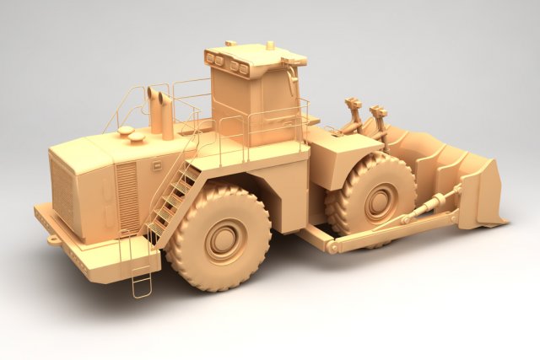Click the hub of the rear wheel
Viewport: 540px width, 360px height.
224,239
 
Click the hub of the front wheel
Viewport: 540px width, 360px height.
379,201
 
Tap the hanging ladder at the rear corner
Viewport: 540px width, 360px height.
142,270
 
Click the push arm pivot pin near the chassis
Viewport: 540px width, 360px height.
333,246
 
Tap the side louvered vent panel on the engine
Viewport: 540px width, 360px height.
127,197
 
